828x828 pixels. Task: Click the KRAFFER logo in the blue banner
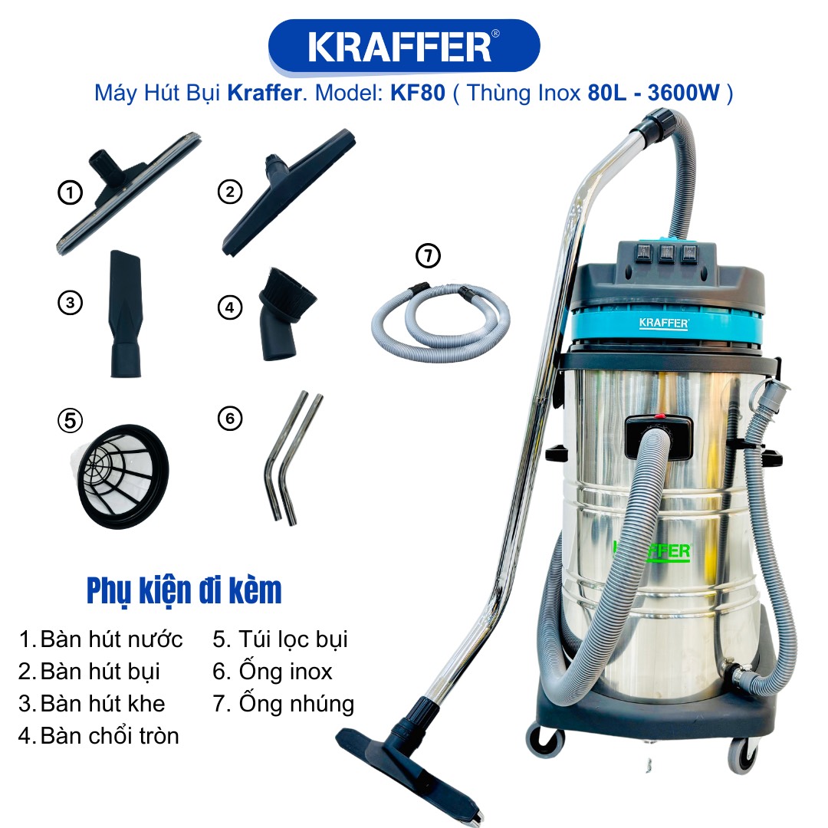404,47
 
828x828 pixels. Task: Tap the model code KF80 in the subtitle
418,93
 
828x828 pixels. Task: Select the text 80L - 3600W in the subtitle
653,93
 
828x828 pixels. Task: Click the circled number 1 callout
70,192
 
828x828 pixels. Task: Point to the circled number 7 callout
429,255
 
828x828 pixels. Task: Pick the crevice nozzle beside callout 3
126,314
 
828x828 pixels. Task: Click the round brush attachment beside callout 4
285,314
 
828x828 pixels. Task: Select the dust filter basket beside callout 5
121,476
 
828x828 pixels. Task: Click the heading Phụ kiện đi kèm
184,590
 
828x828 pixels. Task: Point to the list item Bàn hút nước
101,639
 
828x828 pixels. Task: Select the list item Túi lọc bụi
280,639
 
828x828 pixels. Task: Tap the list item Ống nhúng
284,703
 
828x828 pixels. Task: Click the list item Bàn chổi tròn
99,735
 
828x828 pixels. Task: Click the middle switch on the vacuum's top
666,253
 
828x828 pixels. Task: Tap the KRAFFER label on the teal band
664,324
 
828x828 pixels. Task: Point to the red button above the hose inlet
659,416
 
